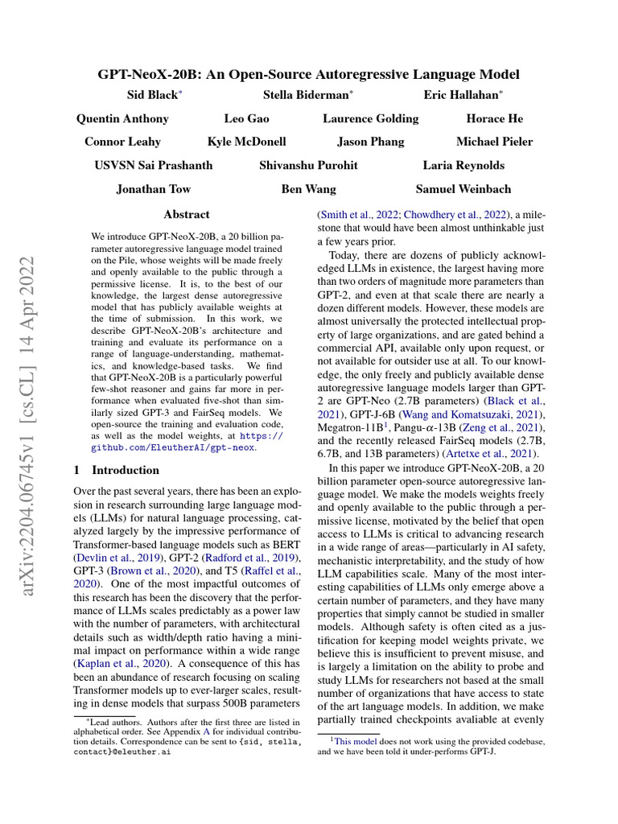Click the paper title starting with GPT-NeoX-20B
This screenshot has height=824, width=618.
point(309,74)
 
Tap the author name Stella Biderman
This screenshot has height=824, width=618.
point(306,95)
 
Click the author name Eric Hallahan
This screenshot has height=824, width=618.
point(462,95)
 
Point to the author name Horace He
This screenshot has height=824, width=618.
point(494,118)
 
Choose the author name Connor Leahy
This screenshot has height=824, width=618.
point(122,142)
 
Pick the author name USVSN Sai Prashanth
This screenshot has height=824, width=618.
point(154,165)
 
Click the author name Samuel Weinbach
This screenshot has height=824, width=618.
point(463,189)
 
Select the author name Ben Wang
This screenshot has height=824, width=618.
point(308,189)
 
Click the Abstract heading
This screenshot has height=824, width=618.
point(186,215)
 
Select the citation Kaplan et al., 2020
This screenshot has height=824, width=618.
point(122,664)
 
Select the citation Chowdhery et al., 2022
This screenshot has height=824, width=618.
point(455,215)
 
